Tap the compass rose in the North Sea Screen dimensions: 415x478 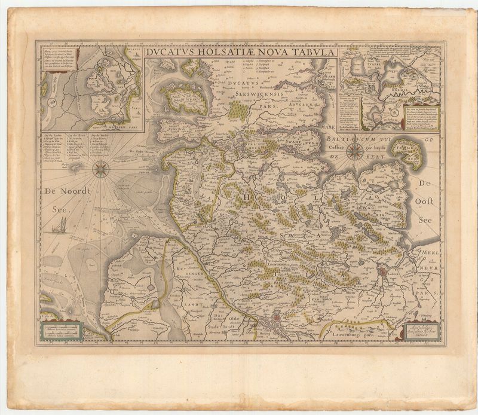pos(100,169)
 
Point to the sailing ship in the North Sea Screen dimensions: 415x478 pos(59,226)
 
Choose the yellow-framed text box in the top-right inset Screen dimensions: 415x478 pos(422,117)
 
